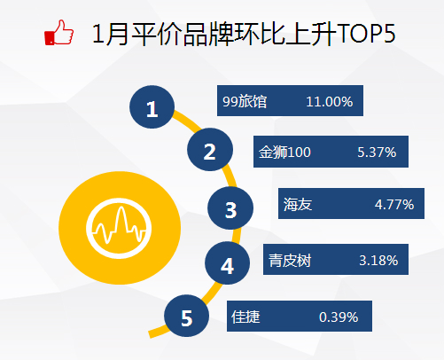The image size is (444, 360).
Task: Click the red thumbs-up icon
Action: point(58,33)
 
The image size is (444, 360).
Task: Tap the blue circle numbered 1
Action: point(152,107)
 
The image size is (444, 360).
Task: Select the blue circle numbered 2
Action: point(210,150)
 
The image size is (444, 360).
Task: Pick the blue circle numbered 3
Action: point(230,208)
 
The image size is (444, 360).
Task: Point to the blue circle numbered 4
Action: point(227,263)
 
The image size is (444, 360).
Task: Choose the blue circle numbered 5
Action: point(186,316)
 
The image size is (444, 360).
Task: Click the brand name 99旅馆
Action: point(245,101)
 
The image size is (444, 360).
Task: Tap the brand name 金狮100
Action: point(284,153)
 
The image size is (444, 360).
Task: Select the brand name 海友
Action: point(298,204)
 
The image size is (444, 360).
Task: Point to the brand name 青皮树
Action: point(290,261)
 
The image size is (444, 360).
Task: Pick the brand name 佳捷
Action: point(245,317)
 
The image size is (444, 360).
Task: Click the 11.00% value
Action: point(330,102)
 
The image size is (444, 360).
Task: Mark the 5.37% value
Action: point(377,153)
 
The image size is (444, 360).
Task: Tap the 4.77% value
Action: point(394,204)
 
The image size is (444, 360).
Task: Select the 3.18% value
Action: point(378,261)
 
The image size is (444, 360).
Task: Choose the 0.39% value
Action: point(339,317)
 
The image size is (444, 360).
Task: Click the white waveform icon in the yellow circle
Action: point(119,228)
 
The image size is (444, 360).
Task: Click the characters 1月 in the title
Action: point(110,34)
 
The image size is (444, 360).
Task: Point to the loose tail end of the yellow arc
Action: point(150,334)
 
